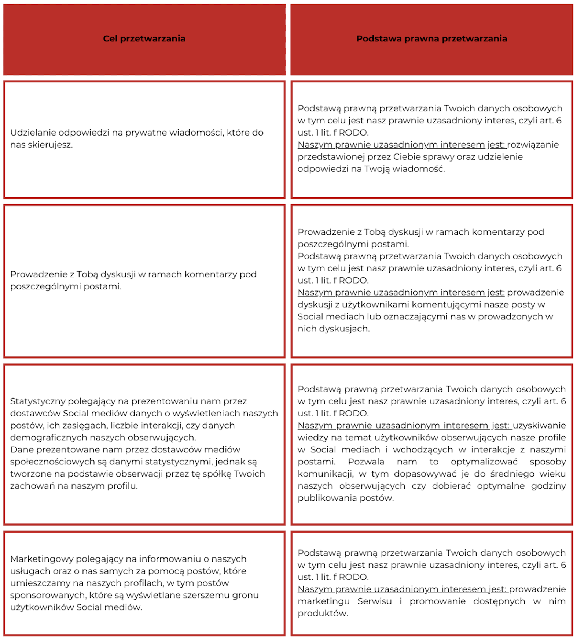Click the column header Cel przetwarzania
[144, 38]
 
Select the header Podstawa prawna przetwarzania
[431, 38]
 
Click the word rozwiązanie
[533, 145]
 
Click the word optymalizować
[484, 462]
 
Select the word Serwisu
[374, 601]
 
